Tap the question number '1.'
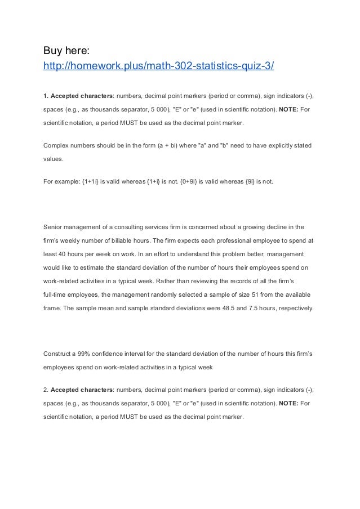coord(46,93)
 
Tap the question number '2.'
coord(46,390)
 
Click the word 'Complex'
coord(57,146)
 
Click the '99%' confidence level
coord(85,354)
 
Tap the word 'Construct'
coord(58,354)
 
